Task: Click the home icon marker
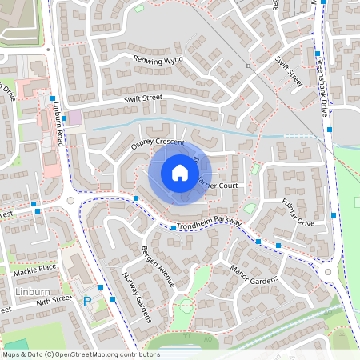[x=180, y=173]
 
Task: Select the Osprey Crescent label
[x=158, y=143]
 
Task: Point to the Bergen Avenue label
[x=156, y=254]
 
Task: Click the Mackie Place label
[x=35, y=268]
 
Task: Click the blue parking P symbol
[x=86, y=302]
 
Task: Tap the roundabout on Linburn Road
[x=70, y=201]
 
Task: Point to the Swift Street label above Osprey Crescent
[x=143, y=98]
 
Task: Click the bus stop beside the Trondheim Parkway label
[x=173, y=228]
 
